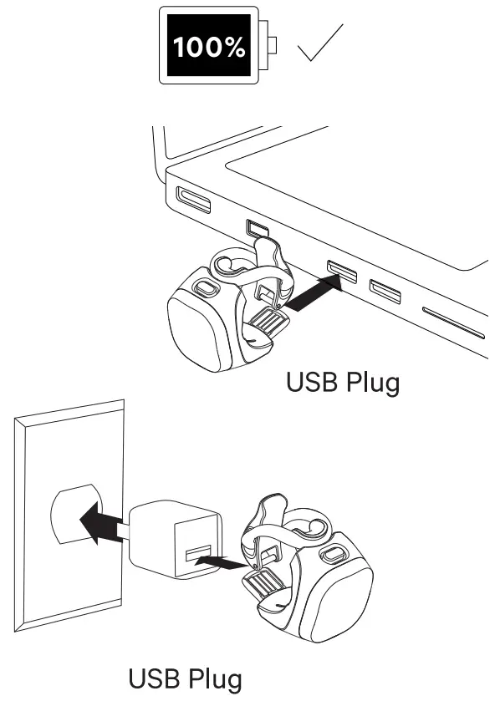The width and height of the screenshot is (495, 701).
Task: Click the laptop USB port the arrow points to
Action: coord(343,269)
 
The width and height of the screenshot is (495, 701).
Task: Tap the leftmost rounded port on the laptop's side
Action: coord(193,201)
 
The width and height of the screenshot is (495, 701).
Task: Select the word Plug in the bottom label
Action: coord(212,678)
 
